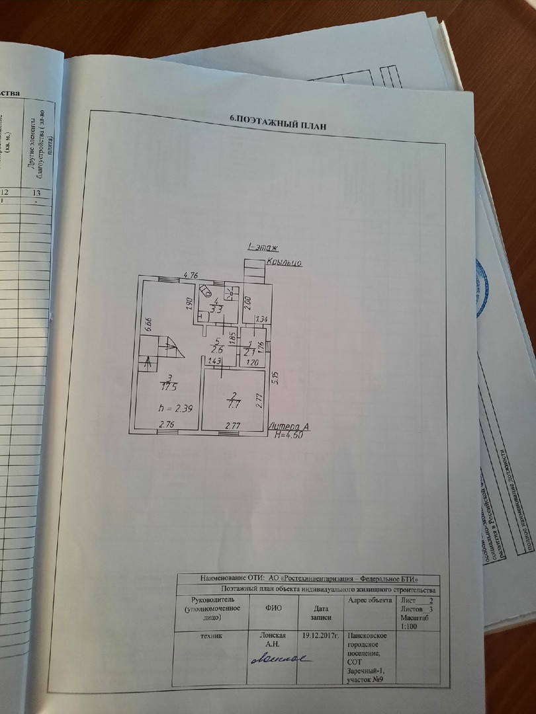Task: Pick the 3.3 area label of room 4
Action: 215,307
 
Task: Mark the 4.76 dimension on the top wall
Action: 191,274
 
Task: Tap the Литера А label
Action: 289,427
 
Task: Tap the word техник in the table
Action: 211,635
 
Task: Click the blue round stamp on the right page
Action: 482,288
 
